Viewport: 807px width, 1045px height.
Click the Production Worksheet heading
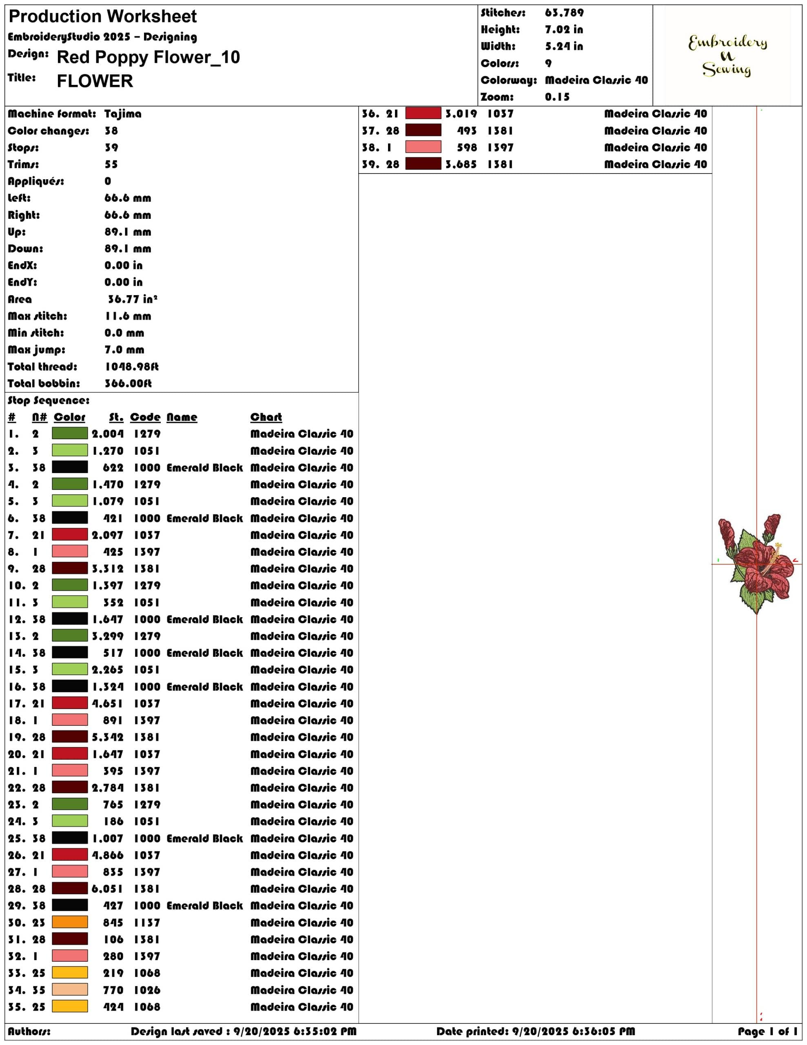(x=102, y=17)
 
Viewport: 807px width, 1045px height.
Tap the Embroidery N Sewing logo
(x=727, y=56)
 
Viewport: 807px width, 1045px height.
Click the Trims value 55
(x=111, y=165)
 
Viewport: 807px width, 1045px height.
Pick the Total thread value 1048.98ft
(x=131, y=367)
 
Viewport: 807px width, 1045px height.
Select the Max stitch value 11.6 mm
(x=128, y=316)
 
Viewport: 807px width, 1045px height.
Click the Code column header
(x=145, y=417)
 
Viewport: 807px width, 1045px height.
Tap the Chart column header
(x=266, y=417)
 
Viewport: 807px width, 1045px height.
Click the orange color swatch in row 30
(x=70, y=922)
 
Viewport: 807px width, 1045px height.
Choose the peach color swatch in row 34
(x=70, y=989)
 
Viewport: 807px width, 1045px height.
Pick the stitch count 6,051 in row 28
(x=107, y=889)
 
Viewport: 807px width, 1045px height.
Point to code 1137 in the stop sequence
(x=147, y=923)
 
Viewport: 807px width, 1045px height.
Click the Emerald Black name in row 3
(x=205, y=468)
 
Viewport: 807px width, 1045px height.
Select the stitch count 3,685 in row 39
(x=461, y=165)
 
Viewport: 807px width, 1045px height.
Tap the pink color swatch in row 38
(x=423, y=147)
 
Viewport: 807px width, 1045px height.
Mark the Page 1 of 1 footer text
(x=767, y=1032)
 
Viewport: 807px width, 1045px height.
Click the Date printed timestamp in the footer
(x=536, y=1032)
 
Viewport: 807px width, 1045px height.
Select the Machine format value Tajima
(x=123, y=114)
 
